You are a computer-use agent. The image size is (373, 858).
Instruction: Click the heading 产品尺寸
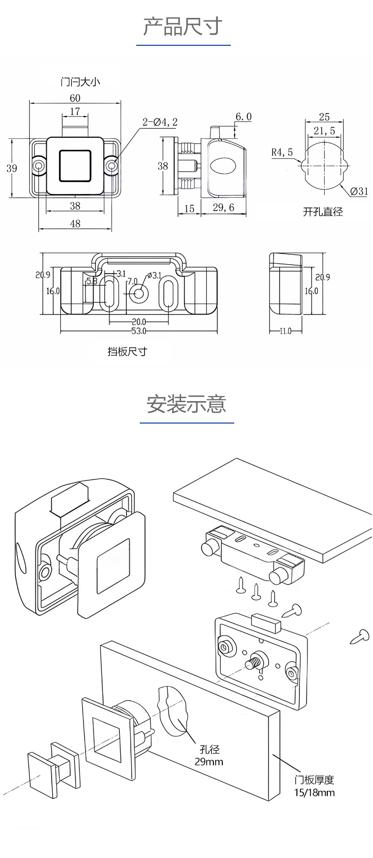[183, 26]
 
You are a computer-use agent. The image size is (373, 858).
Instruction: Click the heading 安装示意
[186, 404]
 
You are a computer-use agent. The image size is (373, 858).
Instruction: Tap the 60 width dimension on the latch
[75, 98]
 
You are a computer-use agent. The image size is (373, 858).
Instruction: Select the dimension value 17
[75, 111]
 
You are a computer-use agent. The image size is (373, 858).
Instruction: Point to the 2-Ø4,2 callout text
[160, 122]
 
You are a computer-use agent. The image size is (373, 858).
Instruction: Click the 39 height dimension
[11, 168]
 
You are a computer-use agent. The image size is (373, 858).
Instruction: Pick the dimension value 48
[75, 223]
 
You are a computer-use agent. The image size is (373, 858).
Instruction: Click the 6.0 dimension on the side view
[243, 116]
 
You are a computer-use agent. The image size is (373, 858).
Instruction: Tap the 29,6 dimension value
[223, 208]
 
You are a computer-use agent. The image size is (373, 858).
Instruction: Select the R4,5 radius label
[282, 152]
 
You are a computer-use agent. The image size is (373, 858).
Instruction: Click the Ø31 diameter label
[359, 191]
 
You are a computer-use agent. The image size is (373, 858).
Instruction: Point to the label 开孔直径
[323, 212]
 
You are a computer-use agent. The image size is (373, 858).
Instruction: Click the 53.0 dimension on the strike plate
[139, 331]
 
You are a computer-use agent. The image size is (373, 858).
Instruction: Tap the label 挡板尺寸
[127, 351]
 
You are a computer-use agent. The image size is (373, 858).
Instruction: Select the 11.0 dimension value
[285, 331]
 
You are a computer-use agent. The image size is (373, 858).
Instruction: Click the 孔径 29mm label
[209, 755]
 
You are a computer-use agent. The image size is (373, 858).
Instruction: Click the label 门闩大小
[80, 81]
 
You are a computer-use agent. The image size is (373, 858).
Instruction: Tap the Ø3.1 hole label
[154, 275]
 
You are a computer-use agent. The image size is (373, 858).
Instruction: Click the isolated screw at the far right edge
[361, 637]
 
